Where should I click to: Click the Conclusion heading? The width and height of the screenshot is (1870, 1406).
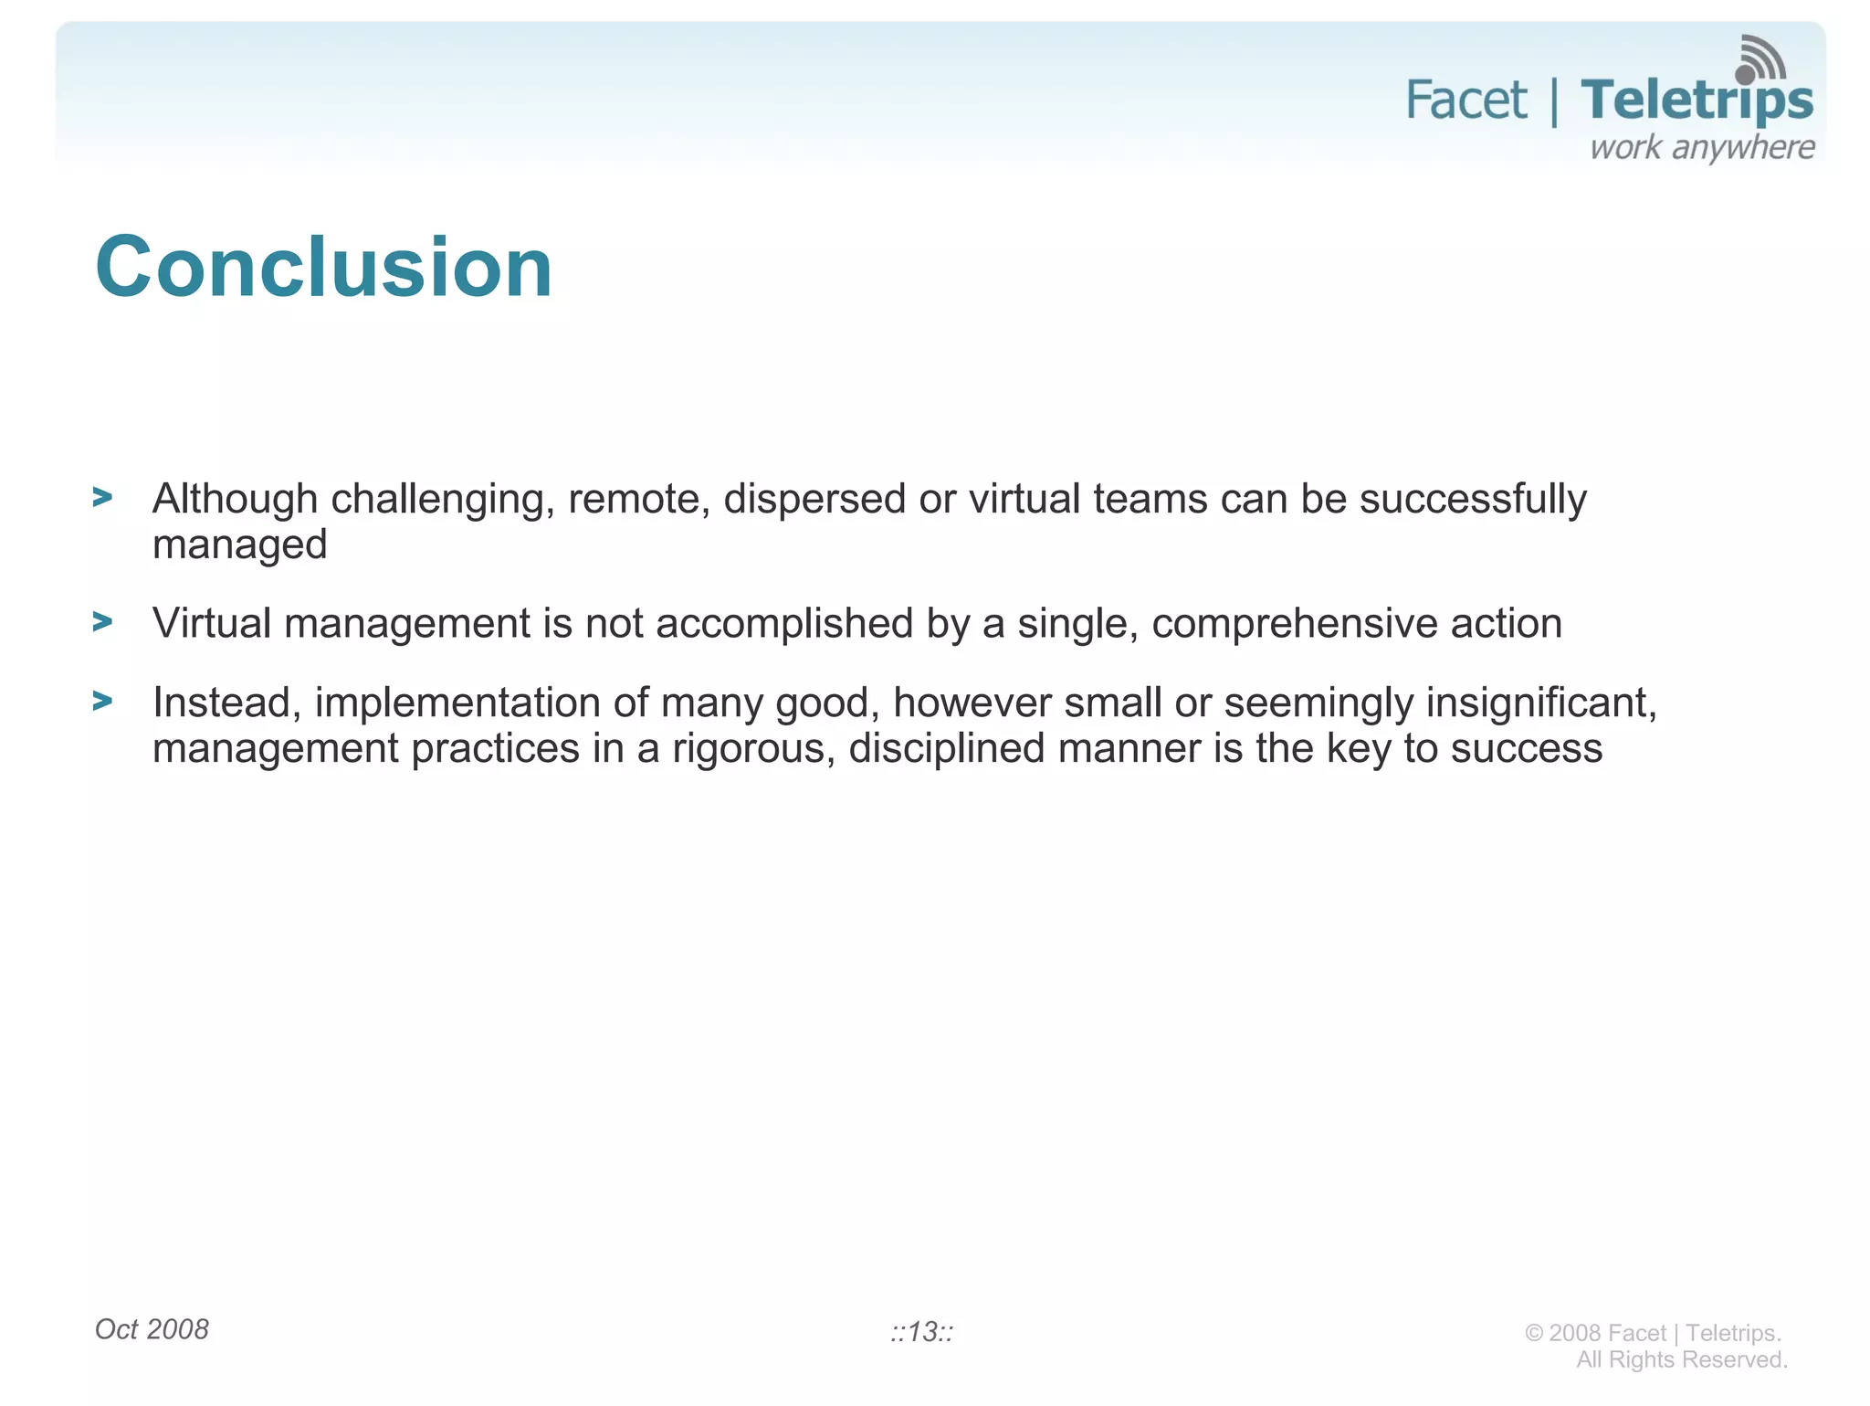pos(323,267)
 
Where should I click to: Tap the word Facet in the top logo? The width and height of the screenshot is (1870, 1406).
pos(1466,100)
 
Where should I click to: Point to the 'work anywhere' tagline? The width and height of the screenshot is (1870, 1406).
pos(1702,148)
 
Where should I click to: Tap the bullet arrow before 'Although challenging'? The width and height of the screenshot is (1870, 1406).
pos(102,498)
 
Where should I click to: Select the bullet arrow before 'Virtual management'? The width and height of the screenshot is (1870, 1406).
pos(102,622)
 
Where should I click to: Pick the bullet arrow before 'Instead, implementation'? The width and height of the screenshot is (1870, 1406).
pos(102,702)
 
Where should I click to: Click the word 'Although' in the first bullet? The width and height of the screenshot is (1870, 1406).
pos(235,500)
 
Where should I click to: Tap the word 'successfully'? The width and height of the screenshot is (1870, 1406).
pos(1473,500)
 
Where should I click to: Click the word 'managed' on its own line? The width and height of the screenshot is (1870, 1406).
pos(239,545)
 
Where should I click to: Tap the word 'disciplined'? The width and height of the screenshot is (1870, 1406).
pos(946,749)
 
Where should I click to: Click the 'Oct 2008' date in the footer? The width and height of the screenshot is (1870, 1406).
pos(152,1329)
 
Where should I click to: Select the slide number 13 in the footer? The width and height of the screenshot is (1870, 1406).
pos(922,1332)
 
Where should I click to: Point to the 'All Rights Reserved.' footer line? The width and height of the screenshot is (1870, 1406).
pos(1681,1359)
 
